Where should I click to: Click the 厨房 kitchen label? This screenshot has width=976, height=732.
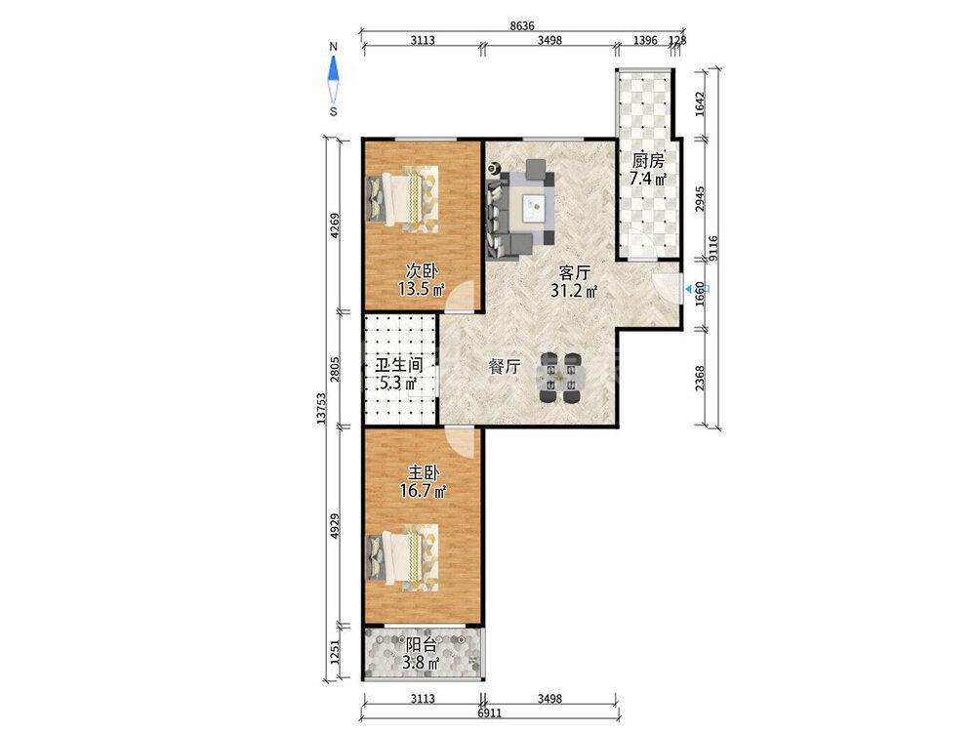click(x=648, y=161)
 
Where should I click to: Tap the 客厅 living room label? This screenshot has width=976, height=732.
click(x=575, y=272)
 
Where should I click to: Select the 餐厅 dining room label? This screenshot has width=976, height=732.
click(x=505, y=367)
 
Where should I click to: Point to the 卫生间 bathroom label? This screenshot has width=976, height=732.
click(x=398, y=365)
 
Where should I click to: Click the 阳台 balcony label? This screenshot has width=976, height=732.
click(x=422, y=645)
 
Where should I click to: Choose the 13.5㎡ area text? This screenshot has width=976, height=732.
click(x=422, y=289)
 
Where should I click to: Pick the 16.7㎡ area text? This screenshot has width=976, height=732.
click(x=424, y=491)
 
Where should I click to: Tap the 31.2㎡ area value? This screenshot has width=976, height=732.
click(x=574, y=290)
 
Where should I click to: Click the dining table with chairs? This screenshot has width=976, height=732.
click(x=560, y=378)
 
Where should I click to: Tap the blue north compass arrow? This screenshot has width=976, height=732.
click(x=334, y=68)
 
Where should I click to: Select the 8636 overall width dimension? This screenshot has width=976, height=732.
click(x=521, y=25)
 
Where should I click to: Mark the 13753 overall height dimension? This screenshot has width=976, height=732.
click(x=320, y=408)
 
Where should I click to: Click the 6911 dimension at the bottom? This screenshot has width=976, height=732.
click(x=489, y=712)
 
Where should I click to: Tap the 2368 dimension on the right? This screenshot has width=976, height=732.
click(x=700, y=379)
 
